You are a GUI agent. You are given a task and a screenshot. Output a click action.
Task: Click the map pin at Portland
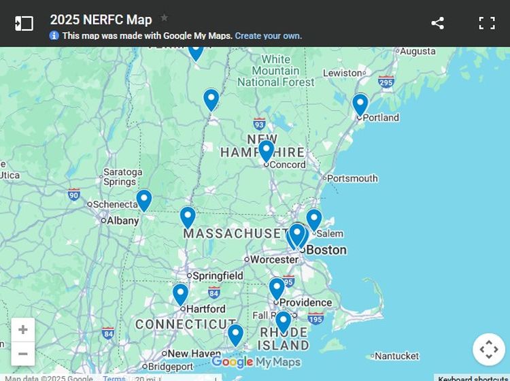[x=360, y=104]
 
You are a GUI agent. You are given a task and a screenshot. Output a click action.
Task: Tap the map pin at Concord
[x=266, y=150]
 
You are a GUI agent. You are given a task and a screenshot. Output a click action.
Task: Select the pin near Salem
[x=313, y=219]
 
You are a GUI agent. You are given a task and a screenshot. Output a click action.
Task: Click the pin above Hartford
[x=180, y=294]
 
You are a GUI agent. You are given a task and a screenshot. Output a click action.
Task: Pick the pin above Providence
[x=276, y=288]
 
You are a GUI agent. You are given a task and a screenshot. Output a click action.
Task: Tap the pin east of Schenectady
[x=143, y=200]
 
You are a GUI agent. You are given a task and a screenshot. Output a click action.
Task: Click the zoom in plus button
[x=23, y=330]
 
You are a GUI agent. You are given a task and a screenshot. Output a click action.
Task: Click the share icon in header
[x=437, y=23]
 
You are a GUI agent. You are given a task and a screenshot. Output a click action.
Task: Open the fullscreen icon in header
[x=487, y=23]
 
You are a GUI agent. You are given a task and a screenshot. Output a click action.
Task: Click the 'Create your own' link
[x=268, y=36]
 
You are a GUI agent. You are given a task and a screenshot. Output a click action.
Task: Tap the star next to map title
[x=164, y=18]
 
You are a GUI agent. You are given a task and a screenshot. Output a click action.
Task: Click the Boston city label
[x=326, y=250]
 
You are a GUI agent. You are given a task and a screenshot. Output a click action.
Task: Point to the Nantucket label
[x=396, y=356]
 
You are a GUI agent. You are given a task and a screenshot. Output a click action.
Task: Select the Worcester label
[x=274, y=259]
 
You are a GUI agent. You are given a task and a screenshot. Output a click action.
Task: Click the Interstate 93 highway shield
[x=259, y=124]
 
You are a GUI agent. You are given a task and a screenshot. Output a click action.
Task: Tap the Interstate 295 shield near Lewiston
[x=386, y=82]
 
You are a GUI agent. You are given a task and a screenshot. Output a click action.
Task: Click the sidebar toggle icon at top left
[x=24, y=23]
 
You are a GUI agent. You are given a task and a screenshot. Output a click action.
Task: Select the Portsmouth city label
[x=352, y=178]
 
